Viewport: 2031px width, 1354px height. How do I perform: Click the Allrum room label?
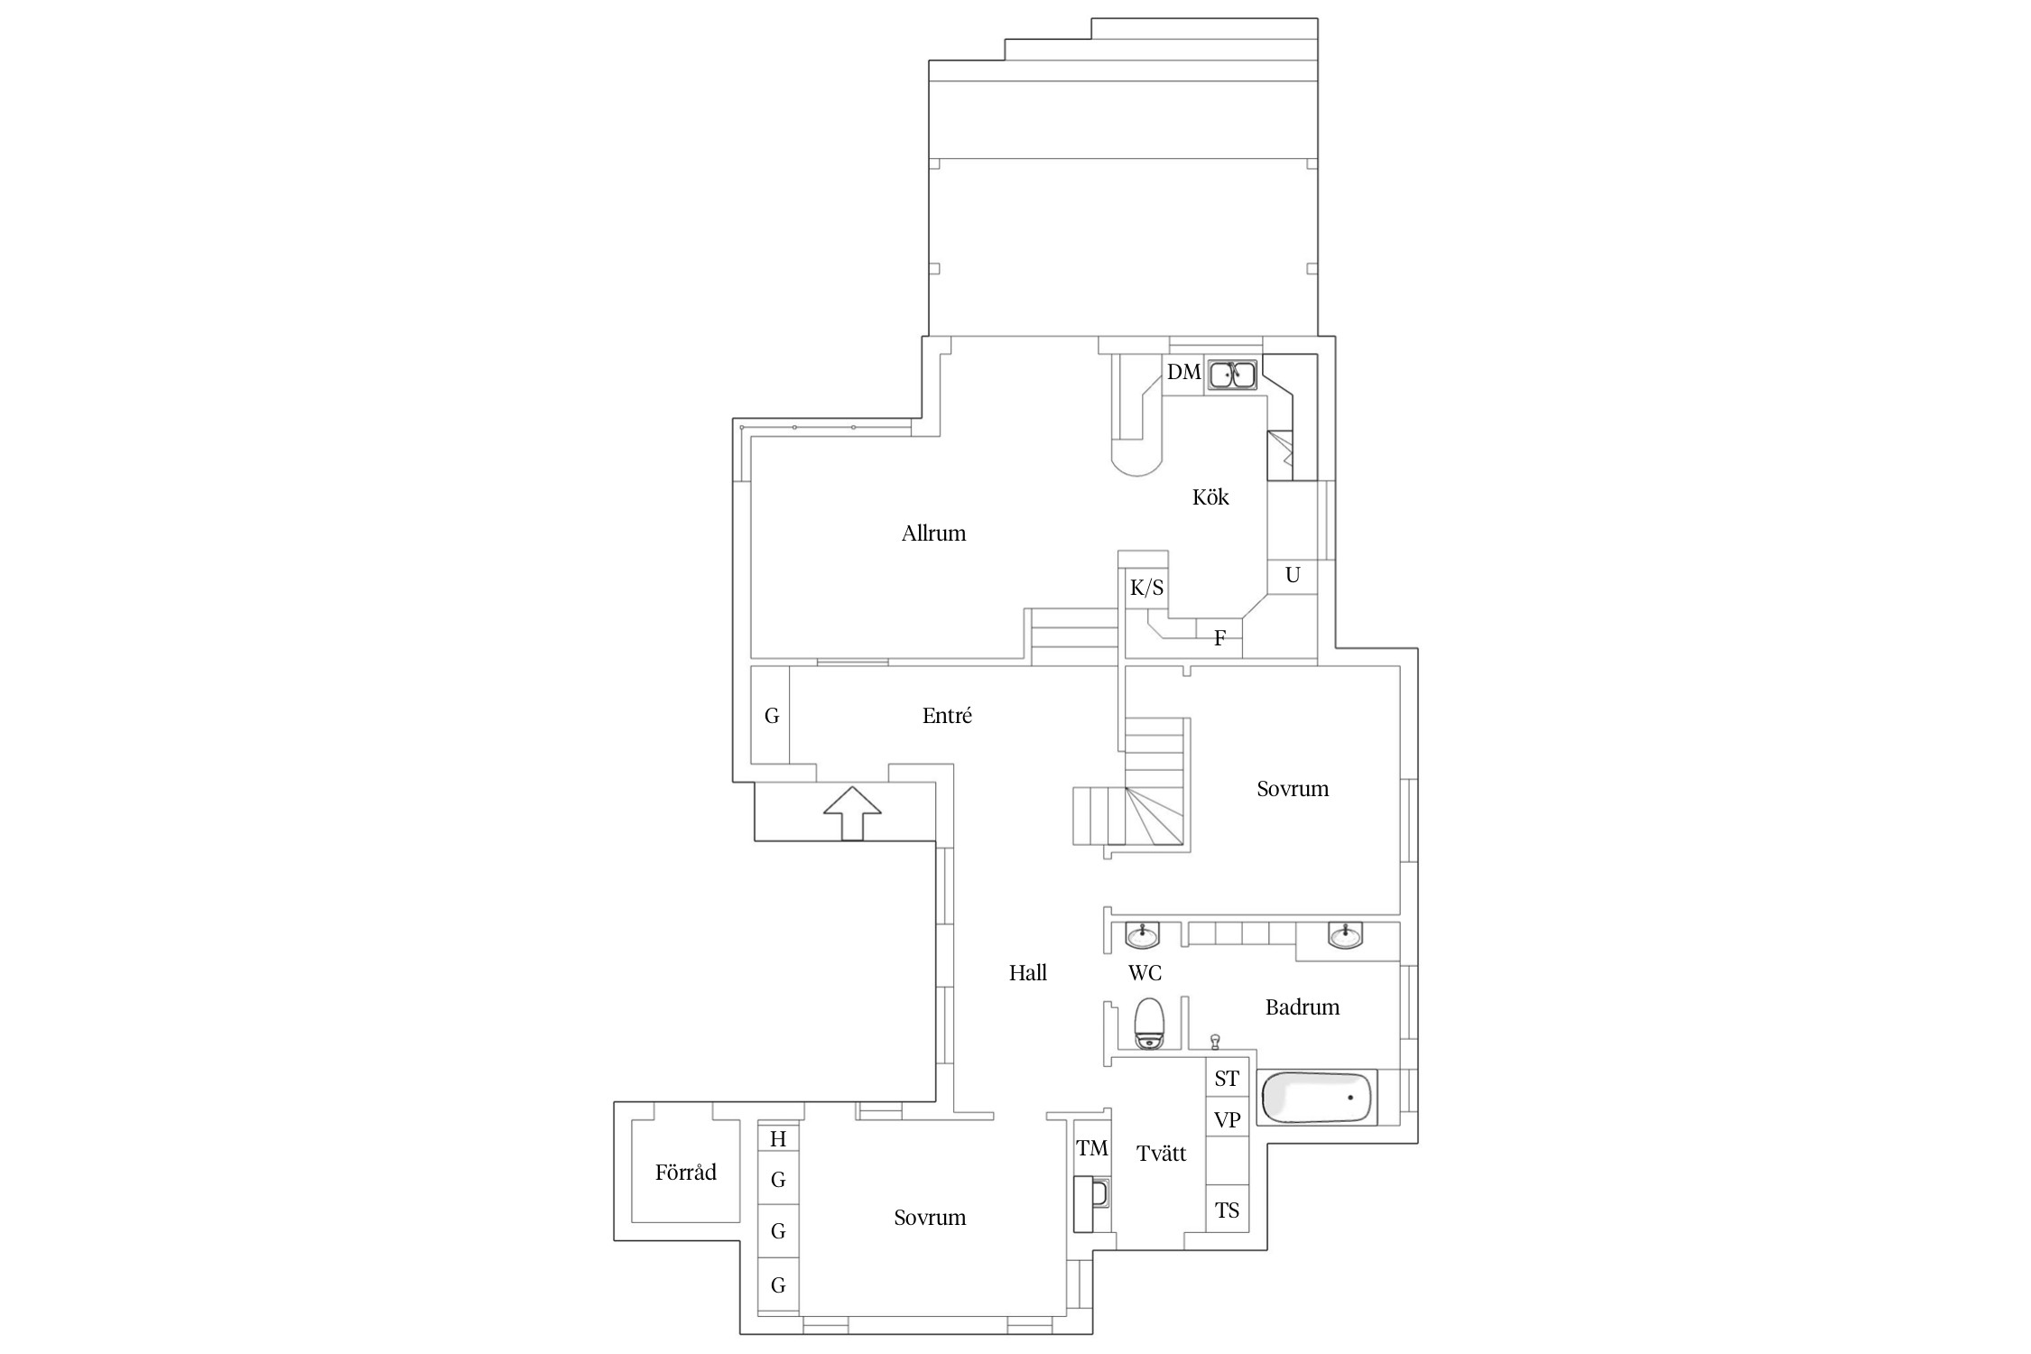[933, 533]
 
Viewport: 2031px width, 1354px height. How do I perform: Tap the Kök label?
[1210, 497]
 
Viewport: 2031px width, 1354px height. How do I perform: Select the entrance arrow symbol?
[852, 813]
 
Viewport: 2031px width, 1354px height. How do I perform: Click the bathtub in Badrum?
[1317, 1097]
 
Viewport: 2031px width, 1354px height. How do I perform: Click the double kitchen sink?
[1233, 373]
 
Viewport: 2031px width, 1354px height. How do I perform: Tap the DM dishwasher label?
[1184, 372]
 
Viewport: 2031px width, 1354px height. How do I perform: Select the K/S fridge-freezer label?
[1146, 589]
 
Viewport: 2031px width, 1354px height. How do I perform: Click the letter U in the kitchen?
[1293, 575]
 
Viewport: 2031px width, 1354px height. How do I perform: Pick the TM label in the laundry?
[1092, 1148]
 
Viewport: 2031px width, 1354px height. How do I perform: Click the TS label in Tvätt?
[1227, 1210]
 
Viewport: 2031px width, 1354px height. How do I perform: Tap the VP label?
[1227, 1120]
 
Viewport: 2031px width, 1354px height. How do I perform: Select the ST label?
[1227, 1079]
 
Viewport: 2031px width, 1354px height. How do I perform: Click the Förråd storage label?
[686, 1173]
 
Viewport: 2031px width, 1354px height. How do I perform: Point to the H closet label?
[778, 1139]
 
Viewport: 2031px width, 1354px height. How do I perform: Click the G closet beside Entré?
[772, 716]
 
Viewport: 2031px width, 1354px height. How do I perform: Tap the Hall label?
[1028, 973]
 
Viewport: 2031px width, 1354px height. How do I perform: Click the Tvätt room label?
[1162, 1154]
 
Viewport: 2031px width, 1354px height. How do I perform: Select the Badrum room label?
[1303, 1007]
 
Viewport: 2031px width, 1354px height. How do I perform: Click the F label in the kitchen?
[1220, 638]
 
